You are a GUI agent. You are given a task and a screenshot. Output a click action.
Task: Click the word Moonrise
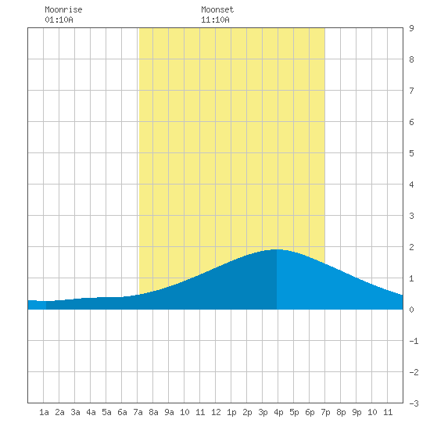pos(63,9)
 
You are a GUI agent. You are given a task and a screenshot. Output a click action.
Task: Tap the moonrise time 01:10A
pos(59,20)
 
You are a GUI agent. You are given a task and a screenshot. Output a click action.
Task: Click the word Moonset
pos(217,9)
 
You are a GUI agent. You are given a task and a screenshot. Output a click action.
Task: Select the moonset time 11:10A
pos(215,20)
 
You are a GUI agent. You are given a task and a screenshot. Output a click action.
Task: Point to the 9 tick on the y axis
pos(411,28)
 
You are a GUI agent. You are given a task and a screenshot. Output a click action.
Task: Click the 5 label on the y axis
pos(411,153)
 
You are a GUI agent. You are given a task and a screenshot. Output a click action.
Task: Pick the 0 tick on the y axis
pos(411,310)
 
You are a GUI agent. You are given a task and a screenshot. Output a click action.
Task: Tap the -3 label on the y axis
pos(414,403)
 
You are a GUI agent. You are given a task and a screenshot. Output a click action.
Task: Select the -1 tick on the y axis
pos(414,341)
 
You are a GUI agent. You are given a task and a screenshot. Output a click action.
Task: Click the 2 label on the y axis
pos(411,247)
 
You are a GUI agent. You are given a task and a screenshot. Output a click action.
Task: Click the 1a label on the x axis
pos(44,412)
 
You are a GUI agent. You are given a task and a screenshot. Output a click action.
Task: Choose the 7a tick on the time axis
pos(138,412)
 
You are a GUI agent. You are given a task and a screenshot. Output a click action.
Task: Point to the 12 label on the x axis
pos(216,412)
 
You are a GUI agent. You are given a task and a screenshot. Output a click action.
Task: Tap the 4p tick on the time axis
pos(278,412)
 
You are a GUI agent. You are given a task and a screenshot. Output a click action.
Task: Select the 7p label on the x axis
pos(325,412)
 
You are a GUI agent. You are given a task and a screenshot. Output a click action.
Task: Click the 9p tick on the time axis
pos(357,412)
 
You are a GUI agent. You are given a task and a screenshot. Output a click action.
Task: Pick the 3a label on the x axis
pos(75,412)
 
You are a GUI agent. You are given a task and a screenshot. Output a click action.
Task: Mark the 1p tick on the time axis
pos(231,412)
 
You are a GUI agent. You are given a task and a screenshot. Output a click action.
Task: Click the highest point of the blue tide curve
pos(277,249)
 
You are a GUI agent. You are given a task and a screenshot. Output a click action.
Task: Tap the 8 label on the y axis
pos(411,59)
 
